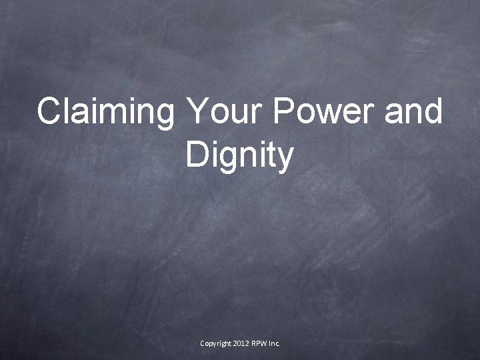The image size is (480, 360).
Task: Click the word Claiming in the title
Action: pyautogui.click(x=105, y=111)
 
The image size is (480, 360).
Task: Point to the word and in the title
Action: pyautogui.click(x=413, y=111)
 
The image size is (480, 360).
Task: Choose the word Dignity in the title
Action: pyautogui.click(x=240, y=155)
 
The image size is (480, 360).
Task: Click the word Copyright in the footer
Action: pyautogui.click(x=215, y=343)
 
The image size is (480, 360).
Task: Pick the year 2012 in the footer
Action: pyautogui.click(x=241, y=343)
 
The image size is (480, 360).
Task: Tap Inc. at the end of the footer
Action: pyautogui.click(x=275, y=343)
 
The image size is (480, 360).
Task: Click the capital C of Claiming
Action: pyautogui.click(x=49, y=111)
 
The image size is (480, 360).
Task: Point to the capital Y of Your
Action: pyautogui.click(x=199, y=111)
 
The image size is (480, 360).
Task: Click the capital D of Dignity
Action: pyautogui.click(x=197, y=155)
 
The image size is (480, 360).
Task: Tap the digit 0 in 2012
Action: pyautogui.click(x=239, y=343)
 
